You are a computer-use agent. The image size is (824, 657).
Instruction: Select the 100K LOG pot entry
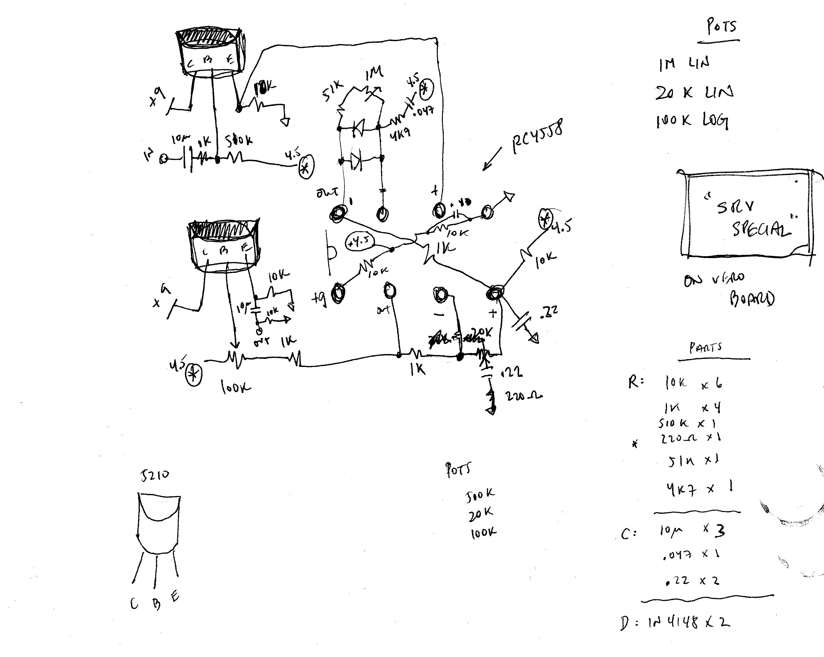692,121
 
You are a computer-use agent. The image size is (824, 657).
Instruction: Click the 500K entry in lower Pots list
480,495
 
